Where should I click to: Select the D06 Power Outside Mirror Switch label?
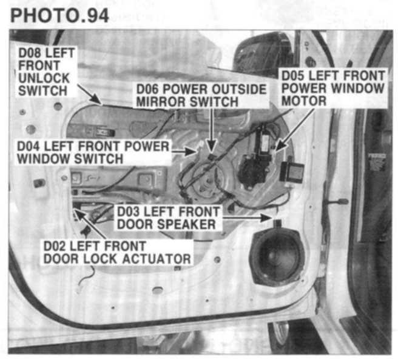[200, 95]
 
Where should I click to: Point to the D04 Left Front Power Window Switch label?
[92, 152]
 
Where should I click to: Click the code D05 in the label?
[291, 76]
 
